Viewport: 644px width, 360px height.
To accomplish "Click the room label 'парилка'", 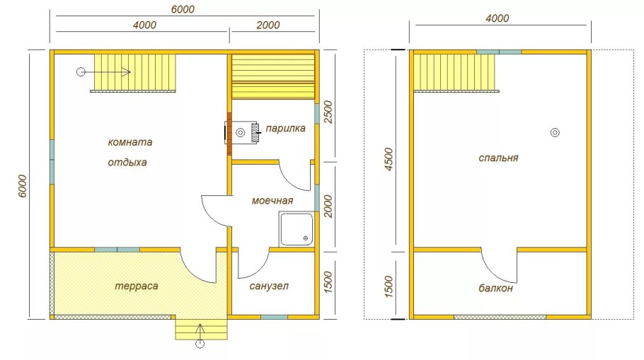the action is point(285,129).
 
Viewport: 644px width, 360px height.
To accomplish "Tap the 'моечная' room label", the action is point(272,201).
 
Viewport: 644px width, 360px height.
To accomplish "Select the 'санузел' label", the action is point(269,286).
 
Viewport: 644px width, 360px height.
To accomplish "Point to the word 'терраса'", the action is point(136,286).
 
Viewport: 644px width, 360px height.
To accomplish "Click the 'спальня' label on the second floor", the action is point(498,158).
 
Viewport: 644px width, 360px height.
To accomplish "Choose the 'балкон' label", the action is point(495,288).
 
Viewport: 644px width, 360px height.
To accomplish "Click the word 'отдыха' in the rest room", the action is point(127,163).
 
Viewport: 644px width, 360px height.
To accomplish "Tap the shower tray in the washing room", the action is point(296,229).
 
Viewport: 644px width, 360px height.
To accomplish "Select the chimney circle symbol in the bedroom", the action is point(555,132).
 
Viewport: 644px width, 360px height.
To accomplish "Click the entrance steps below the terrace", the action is point(201,330).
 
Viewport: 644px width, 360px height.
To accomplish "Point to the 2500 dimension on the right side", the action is point(328,112).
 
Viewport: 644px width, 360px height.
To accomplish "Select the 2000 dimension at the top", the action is point(268,25).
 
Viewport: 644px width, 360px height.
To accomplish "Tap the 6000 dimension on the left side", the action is point(23,186).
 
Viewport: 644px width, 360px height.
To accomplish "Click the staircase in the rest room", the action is point(135,73).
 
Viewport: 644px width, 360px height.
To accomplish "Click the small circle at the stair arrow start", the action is point(81,72).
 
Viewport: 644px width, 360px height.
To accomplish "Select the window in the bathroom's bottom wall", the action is point(275,317).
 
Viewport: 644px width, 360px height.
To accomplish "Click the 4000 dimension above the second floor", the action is point(497,18).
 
